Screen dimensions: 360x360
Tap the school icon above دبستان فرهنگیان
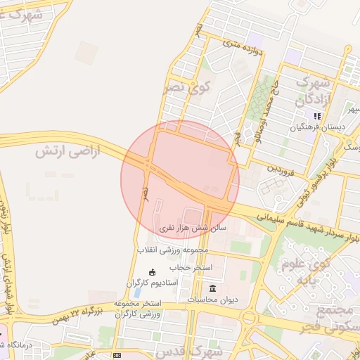tap(317, 116)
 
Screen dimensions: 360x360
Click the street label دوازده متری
tap(241, 51)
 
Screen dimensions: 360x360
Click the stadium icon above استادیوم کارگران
tap(153, 272)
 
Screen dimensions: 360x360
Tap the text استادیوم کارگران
tap(153, 283)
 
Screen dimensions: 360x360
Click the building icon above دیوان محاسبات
tap(213, 289)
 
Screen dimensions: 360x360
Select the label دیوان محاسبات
tap(213, 300)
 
